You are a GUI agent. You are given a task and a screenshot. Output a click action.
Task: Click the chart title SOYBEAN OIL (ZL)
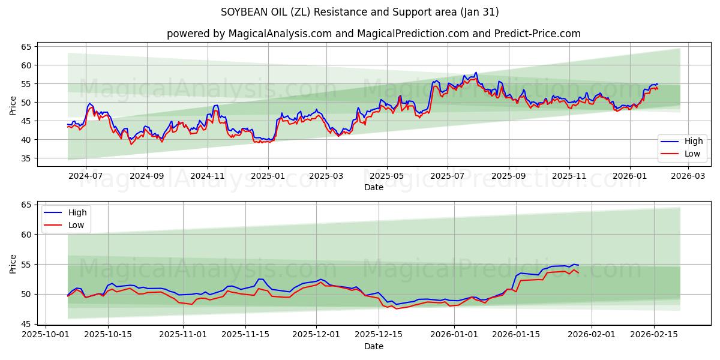(359, 12)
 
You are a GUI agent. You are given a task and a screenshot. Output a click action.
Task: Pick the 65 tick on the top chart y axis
(26, 46)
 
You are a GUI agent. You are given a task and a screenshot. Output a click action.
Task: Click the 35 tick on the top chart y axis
(26, 158)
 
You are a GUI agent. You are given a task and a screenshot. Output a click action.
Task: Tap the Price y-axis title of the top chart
(13, 106)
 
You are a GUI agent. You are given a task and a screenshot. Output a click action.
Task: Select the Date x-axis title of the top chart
(373, 188)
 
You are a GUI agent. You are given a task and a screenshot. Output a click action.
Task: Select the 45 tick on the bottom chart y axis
(26, 324)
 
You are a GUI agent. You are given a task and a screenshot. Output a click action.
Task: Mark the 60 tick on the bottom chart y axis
(26, 235)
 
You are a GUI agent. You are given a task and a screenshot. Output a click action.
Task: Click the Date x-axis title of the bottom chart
(373, 346)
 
